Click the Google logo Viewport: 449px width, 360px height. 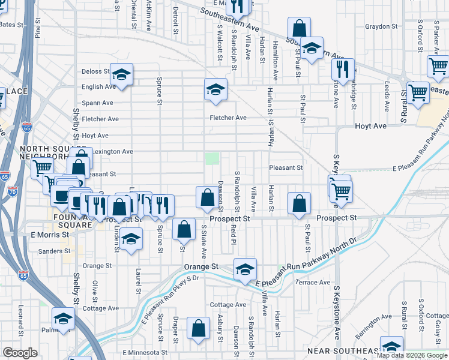pos(20,353)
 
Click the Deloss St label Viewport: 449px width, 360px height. pos(95,71)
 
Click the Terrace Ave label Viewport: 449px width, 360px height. pos(313,282)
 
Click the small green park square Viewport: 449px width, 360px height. pos(212,158)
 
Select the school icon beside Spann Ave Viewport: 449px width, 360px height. pos(215,90)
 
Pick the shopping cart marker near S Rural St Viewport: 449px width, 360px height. pos(418,93)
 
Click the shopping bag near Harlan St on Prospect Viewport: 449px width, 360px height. pos(299,203)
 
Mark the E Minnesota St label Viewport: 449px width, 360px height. pos(144,352)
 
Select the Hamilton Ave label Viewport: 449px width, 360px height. pos(276,66)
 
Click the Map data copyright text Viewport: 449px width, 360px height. pos(411,355)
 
